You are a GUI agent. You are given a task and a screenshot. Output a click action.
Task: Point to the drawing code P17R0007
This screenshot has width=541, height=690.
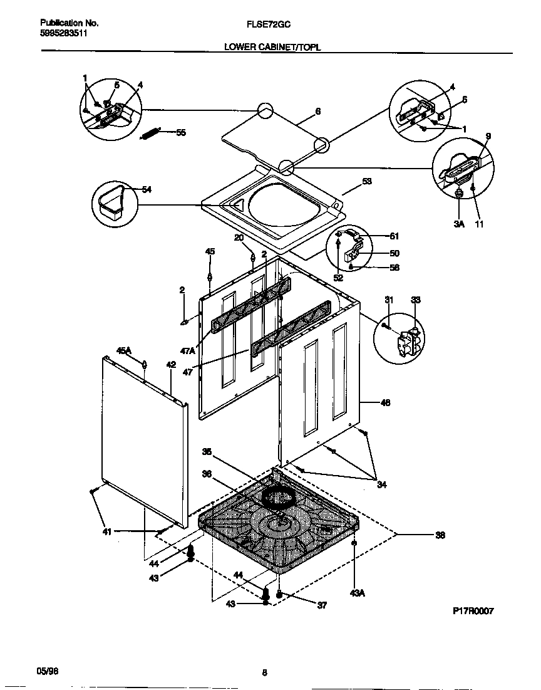click(473, 611)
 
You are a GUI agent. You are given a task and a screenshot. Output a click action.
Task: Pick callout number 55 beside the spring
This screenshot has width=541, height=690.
click(180, 132)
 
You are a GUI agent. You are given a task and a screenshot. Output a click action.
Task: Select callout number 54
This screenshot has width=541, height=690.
click(146, 190)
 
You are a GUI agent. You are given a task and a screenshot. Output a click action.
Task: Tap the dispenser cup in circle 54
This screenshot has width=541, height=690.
click(113, 202)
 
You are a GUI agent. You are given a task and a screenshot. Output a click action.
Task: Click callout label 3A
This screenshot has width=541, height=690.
click(458, 224)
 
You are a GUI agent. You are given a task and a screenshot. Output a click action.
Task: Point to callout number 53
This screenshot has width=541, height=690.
click(367, 182)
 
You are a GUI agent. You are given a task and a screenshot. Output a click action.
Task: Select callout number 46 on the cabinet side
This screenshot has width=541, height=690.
click(385, 403)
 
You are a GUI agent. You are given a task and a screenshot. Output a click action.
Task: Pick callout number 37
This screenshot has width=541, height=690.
click(322, 605)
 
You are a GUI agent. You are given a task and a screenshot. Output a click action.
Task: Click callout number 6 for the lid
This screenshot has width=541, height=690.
click(318, 111)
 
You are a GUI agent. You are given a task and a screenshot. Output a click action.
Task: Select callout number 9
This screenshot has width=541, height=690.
click(488, 136)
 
